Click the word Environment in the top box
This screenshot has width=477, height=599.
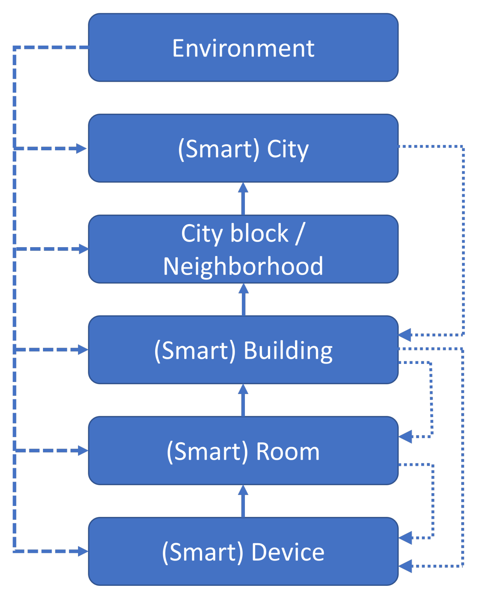[243, 48]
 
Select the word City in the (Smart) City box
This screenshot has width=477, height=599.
[287, 149]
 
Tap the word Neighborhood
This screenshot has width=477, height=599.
[243, 266]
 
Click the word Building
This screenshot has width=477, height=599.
[288, 350]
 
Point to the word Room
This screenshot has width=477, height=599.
[288, 451]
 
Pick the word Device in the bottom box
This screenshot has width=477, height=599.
[288, 552]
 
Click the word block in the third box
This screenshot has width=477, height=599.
[259, 233]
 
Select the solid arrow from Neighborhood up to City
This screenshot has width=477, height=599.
[243, 199]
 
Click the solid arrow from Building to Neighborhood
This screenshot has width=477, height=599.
[243, 299]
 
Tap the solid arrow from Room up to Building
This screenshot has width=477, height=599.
[243, 400]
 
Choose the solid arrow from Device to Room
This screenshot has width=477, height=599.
[243, 501]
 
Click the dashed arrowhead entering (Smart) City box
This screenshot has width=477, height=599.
[82, 148]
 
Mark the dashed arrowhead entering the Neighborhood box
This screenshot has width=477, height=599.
[83, 249]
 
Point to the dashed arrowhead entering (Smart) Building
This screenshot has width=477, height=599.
[83, 350]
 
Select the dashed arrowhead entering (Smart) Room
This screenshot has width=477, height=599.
[83, 451]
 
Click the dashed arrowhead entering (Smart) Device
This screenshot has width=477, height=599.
[83, 551]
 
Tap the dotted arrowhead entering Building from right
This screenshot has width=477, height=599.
[405, 335]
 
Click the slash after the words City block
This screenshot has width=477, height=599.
[300, 234]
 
